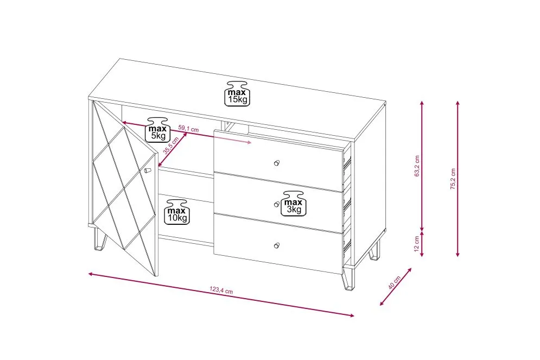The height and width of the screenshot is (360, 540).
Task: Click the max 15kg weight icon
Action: point(238,93)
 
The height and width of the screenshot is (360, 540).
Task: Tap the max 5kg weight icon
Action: point(158,129)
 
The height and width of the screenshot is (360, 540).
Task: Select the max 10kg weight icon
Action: point(177,211)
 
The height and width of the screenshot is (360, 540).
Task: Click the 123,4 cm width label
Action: point(221,290)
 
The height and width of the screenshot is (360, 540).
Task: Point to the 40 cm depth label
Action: point(394,282)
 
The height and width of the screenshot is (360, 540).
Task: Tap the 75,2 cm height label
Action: point(453,179)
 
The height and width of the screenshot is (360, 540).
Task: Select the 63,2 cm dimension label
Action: point(417,166)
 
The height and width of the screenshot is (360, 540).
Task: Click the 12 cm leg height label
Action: point(417,244)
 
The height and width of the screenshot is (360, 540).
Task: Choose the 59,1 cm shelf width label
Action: point(188,129)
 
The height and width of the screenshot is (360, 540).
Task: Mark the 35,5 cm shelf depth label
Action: point(171,146)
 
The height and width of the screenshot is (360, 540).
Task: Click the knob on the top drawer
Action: point(277,163)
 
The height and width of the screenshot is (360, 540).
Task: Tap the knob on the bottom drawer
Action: point(277,245)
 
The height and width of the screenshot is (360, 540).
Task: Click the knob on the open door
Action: point(148,170)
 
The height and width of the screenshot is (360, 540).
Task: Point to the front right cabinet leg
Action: point(347,279)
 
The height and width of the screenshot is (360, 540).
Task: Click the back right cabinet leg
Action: point(374,251)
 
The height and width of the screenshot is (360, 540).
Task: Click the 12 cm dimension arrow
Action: point(422,244)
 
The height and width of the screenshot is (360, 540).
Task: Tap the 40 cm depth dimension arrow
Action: point(396,287)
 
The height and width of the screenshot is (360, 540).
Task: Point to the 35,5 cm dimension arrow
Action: point(173,149)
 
